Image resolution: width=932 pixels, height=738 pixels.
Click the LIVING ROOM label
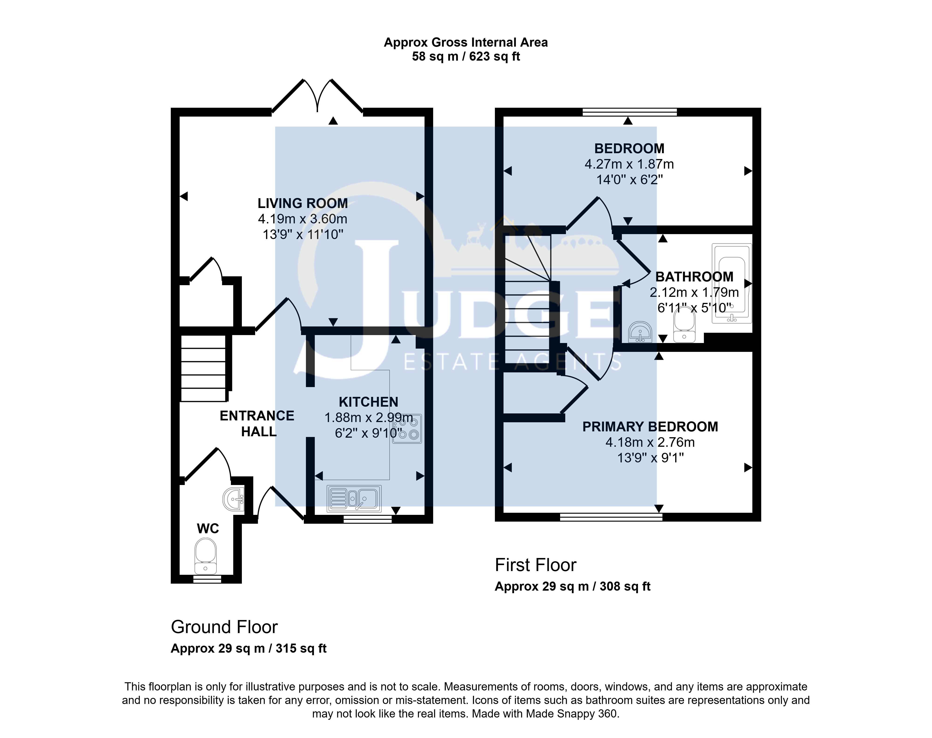click(303, 203)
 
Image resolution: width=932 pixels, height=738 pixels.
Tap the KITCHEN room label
click(368, 402)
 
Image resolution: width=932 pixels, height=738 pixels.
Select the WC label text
click(208, 528)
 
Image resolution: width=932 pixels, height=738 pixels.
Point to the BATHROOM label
click(694, 277)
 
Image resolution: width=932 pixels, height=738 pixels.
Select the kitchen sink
click(354, 498)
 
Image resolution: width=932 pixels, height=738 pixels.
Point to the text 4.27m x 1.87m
click(629, 164)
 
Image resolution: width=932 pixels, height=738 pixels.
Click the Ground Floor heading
click(224, 627)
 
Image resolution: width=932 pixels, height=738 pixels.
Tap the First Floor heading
click(535, 565)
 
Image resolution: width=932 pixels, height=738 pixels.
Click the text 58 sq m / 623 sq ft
click(466, 57)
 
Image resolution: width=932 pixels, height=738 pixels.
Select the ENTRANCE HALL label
click(257, 423)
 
